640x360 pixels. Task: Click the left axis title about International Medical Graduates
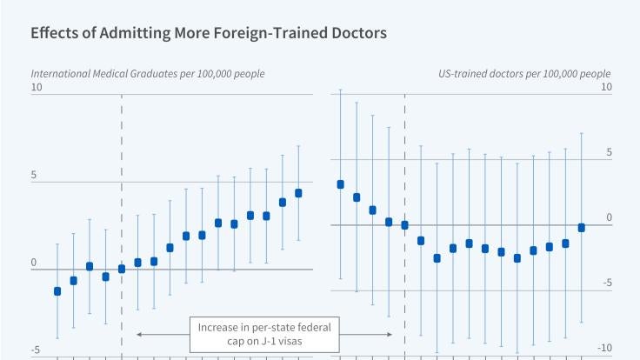point(148,73)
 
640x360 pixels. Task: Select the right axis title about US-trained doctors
point(525,73)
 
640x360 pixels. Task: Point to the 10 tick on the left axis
point(37,87)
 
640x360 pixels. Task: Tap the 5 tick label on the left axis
point(35,175)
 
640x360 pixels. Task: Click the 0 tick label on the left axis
point(35,262)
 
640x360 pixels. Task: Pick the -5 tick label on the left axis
point(37,350)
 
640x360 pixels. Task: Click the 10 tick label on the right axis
point(606,87)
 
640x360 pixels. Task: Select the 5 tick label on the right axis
point(609,152)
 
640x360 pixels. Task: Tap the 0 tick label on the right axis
point(609,217)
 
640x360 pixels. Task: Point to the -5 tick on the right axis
point(608,283)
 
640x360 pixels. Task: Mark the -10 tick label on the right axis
point(605,348)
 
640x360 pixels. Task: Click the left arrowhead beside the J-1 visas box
point(139,335)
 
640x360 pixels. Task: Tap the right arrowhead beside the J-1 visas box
point(390,335)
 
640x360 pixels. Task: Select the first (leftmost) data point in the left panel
point(57,291)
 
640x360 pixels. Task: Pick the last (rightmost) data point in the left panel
point(298,193)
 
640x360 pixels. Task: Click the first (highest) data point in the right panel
point(340,184)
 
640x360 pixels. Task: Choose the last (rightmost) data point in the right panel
point(581,228)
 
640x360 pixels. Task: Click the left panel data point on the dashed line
point(122,269)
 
